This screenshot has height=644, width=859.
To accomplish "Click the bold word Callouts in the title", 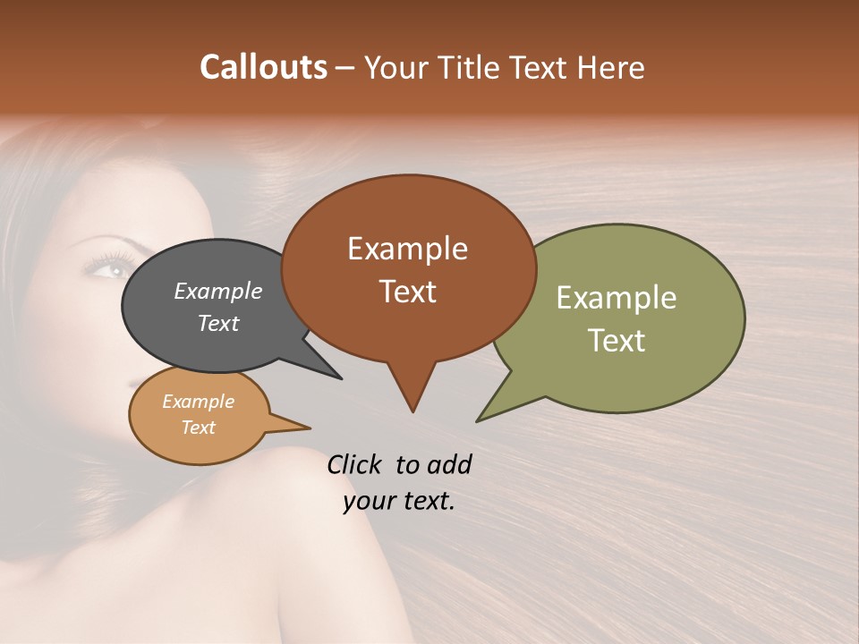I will (x=264, y=67).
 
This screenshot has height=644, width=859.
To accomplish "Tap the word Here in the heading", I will (x=610, y=67).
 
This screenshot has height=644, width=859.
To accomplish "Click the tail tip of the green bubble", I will (x=479, y=419).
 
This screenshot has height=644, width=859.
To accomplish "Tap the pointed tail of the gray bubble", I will (x=340, y=378).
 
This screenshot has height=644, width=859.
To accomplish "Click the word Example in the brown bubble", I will (x=407, y=249).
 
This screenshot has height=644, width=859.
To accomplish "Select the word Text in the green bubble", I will (x=617, y=341).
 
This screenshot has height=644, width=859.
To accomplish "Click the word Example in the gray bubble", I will (x=218, y=291).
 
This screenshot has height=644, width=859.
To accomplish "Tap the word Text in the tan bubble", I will (x=199, y=428).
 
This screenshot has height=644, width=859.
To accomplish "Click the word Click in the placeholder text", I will (x=355, y=464).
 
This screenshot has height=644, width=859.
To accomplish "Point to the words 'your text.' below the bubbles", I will (x=399, y=501).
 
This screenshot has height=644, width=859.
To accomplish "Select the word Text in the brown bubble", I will (x=408, y=292).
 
